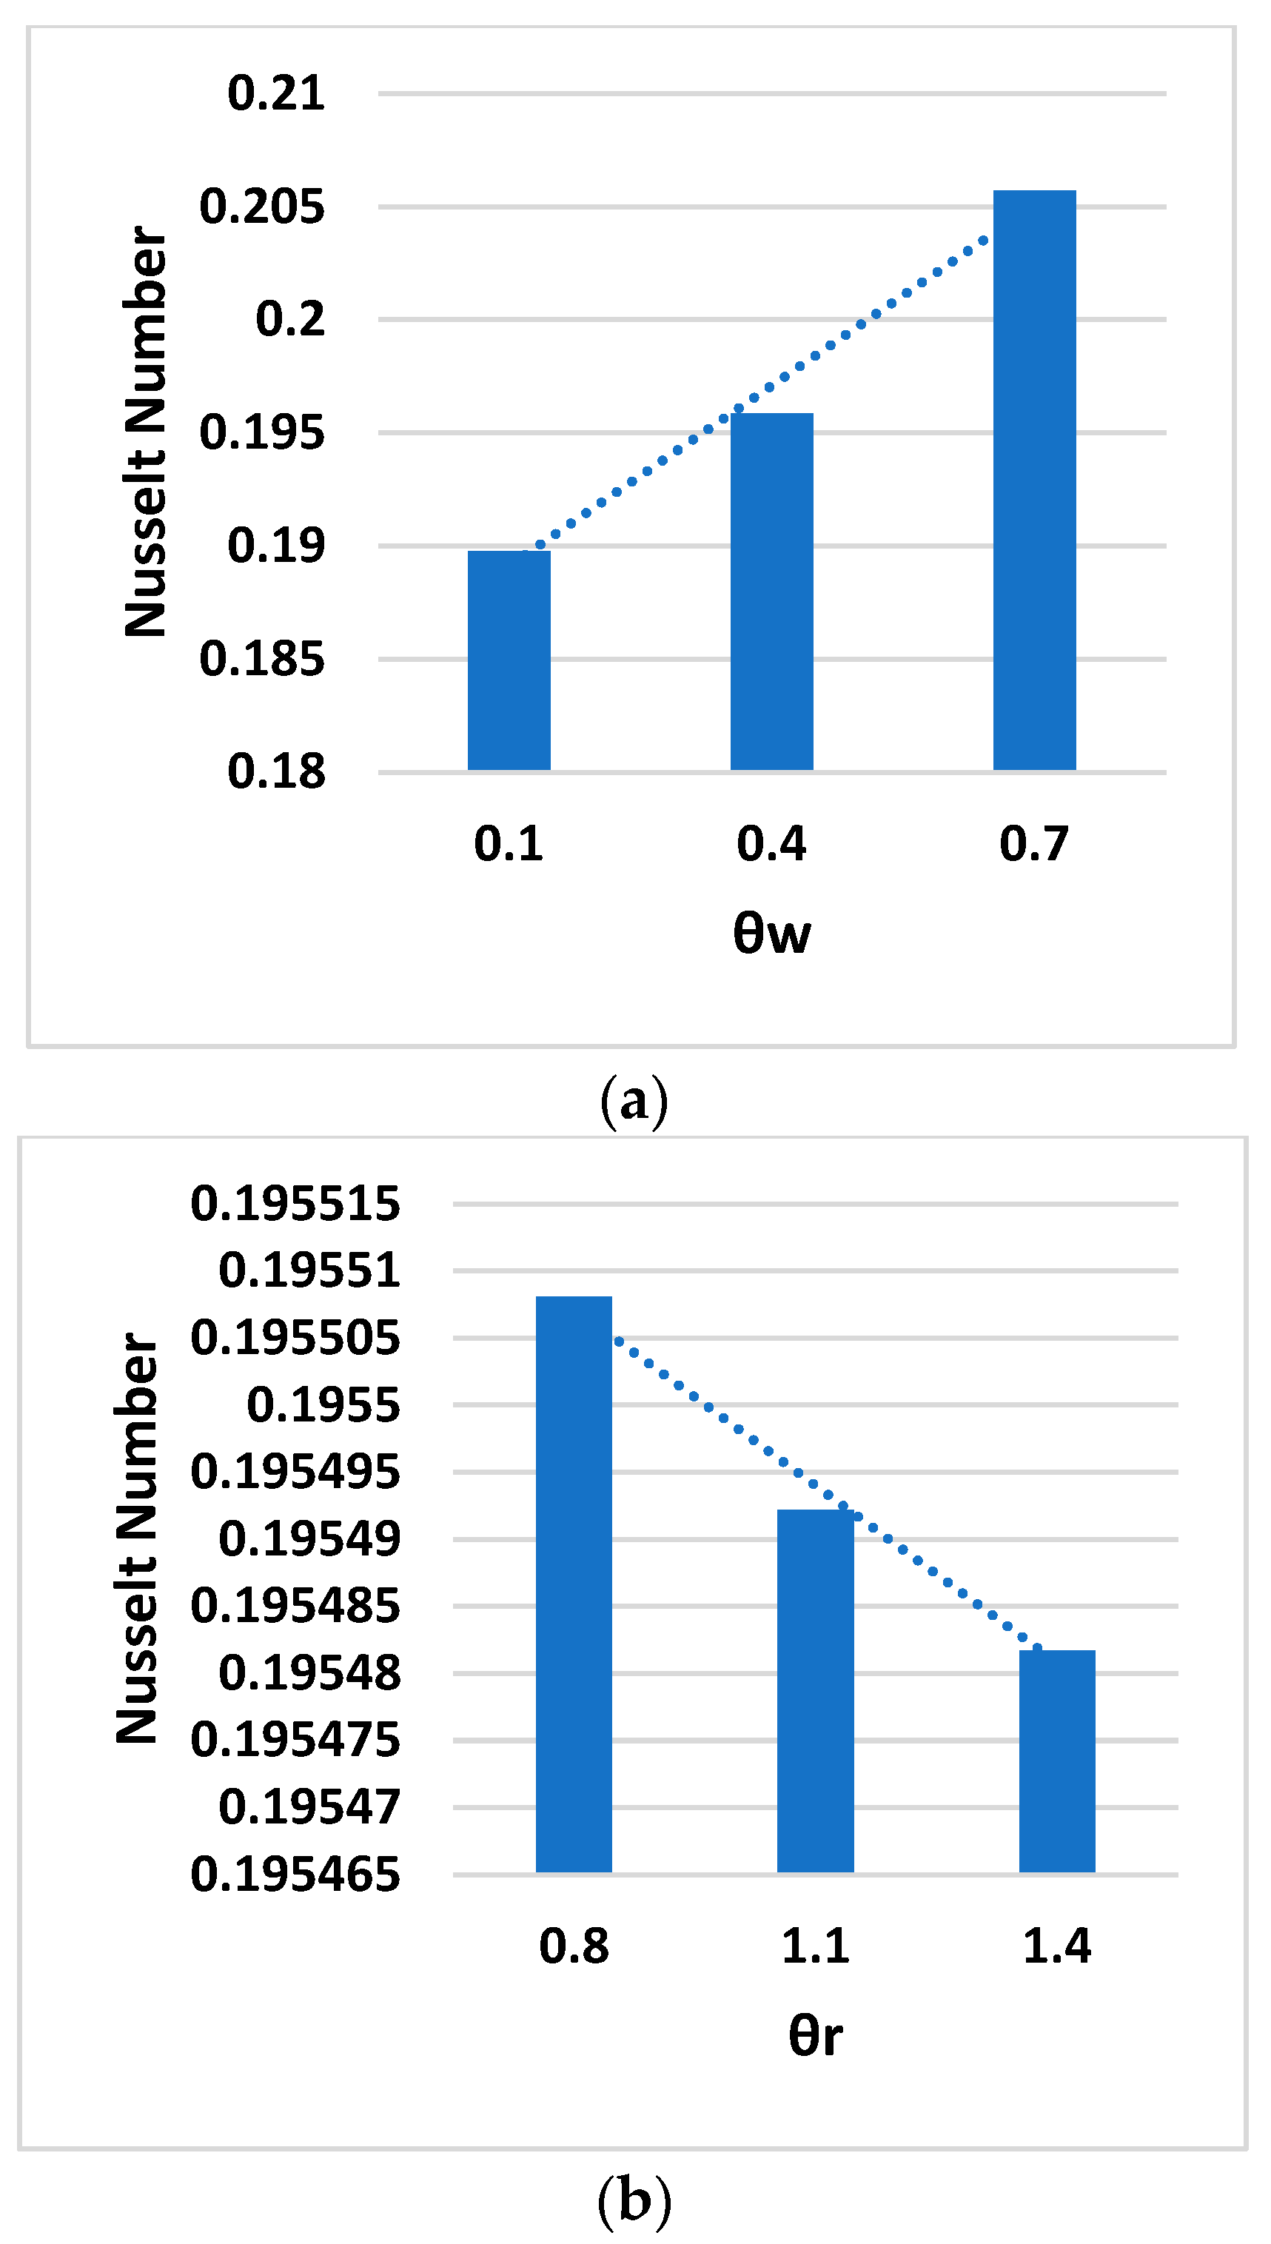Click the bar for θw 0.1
(x=509, y=660)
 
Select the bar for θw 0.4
(x=771, y=591)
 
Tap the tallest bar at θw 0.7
(x=1034, y=480)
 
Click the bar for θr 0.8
(x=574, y=1584)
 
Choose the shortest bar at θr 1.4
(x=1057, y=1761)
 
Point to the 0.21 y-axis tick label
(x=276, y=93)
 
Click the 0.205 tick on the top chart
(x=262, y=207)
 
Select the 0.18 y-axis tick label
(x=276, y=771)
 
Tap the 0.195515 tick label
(x=295, y=1204)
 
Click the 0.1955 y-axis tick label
(x=323, y=1405)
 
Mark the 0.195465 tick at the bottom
(x=295, y=1875)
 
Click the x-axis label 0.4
(x=771, y=844)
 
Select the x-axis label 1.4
(x=1057, y=1946)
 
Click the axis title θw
(x=771, y=933)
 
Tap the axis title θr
(x=815, y=2035)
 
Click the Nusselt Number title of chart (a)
(x=145, y=432)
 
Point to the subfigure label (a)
(x=634, y=1102)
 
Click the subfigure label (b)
(x=634, y=2200)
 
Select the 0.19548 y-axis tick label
(x=309, y=1673)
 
